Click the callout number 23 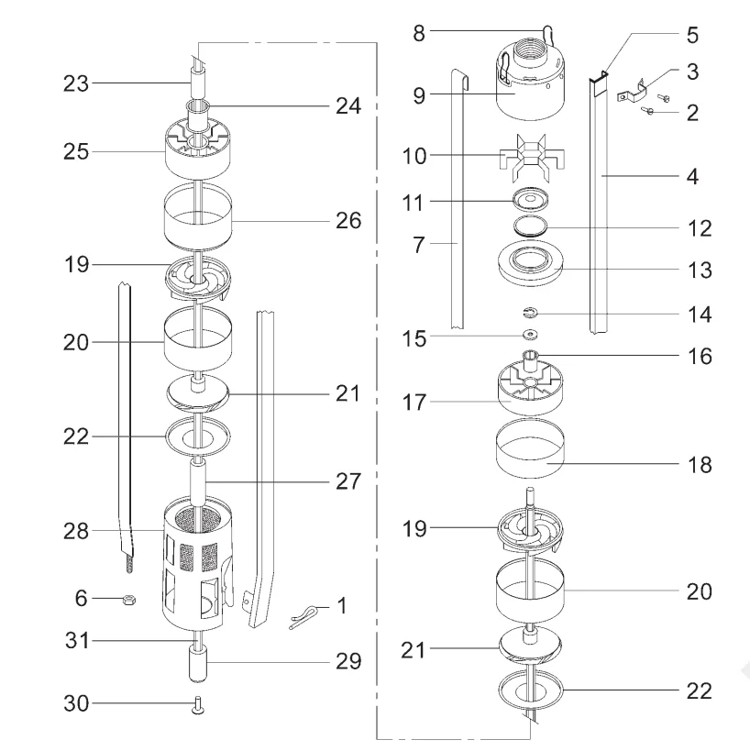77,83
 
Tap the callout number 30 77,704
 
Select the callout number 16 700,354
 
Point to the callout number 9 418,94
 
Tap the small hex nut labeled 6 130,600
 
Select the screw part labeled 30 196,705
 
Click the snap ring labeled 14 532,313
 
